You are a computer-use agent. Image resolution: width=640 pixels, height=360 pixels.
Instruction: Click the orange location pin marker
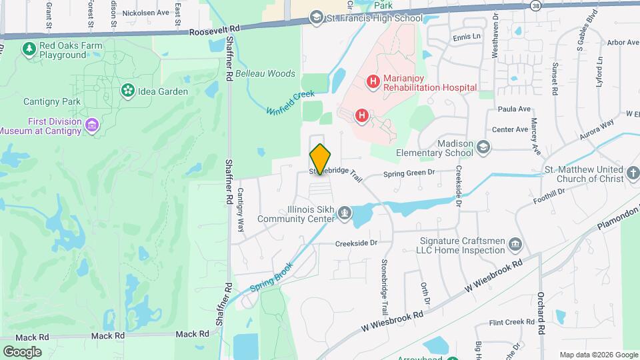click(320, 159)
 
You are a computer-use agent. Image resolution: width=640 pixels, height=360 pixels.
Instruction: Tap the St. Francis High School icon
click(317, 18)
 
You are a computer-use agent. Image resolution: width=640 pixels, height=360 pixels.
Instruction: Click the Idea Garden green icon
click(127, 90)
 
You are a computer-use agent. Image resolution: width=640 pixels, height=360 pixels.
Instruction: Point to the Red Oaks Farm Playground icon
click(29, 49)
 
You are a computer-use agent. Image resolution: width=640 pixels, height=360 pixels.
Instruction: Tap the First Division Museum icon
click(93, 125)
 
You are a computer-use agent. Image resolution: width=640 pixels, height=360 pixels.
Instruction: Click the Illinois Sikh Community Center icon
click(345, 213)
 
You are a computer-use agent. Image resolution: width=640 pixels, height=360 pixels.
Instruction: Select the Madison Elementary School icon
click(483, 147)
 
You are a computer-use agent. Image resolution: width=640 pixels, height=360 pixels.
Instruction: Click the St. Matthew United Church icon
click(634, 175)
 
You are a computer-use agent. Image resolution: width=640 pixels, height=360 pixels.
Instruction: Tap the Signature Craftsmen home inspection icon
click(515, 245)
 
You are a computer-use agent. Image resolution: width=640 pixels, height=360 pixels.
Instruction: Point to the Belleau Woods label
click(265, 73)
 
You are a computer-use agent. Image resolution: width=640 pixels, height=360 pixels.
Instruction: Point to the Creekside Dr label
click(356, 243)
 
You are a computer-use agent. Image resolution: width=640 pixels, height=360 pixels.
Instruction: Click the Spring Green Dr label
click(409, 173)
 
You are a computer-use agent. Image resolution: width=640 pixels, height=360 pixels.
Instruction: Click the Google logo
click(22, 351)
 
